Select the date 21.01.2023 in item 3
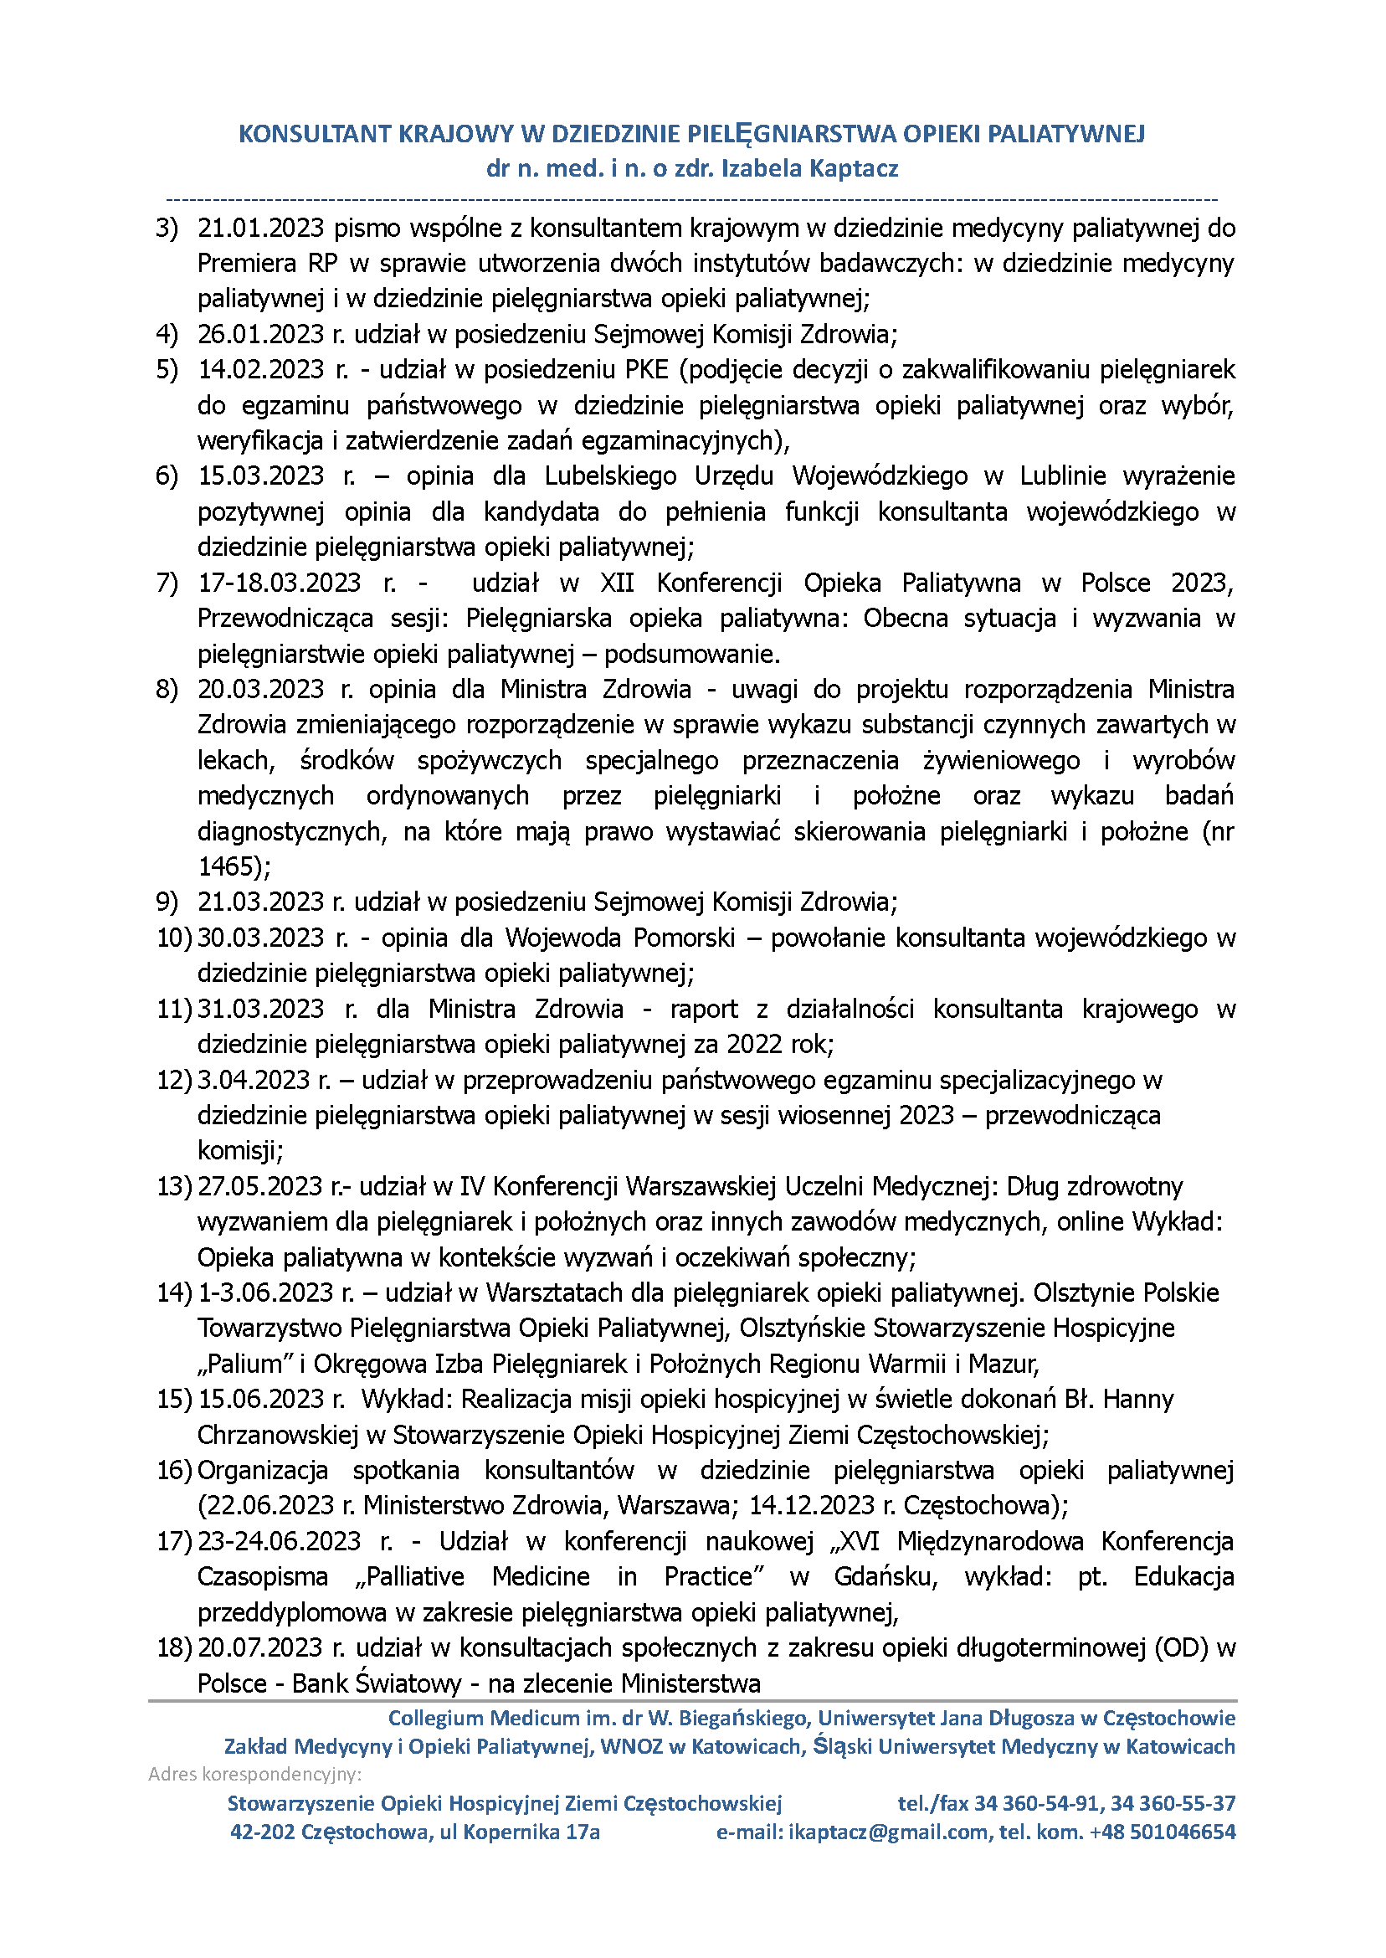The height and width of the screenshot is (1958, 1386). click(x=260, y=229)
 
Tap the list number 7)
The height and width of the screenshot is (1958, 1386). click(x=167, y=583)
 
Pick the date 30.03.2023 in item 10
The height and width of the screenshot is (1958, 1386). click(x=260, y=938)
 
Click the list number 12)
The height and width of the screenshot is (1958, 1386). click(x=174, y=1081)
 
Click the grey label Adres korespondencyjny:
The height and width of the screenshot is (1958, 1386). click(x=254, y=1775)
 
